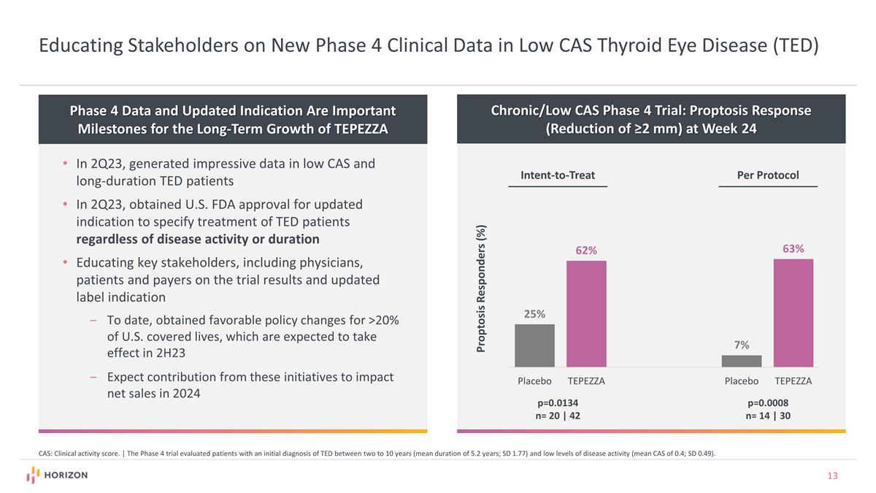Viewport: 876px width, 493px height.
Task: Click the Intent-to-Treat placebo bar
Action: [534, 345]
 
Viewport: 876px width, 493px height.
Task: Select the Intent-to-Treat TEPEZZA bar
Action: [586, 313]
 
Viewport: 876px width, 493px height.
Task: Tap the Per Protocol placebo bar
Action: [741, 361]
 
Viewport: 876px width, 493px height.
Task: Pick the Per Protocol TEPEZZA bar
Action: [793, 313]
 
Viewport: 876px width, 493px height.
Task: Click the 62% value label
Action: [586, 251]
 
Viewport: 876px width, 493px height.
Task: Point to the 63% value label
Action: [793, 248]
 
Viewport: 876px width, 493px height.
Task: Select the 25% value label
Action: [534, 313]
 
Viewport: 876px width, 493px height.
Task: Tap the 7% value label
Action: [741, 345]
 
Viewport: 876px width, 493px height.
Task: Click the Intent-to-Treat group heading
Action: [558, 175]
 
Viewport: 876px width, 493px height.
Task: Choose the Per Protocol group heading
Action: [768, 175]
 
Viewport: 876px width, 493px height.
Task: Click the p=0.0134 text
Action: [558, 402]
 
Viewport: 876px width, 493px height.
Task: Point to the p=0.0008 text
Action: [768, 402]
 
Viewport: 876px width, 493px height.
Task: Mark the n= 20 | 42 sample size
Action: [558, 416]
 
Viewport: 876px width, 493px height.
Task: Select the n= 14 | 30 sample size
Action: [768, 416]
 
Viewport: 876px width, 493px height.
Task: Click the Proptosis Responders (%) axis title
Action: [481, 288]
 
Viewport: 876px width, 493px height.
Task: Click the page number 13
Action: [832, 476]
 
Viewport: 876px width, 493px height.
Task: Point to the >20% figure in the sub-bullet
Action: [384, 321]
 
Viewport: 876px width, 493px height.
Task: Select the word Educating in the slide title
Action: [81, 46]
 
